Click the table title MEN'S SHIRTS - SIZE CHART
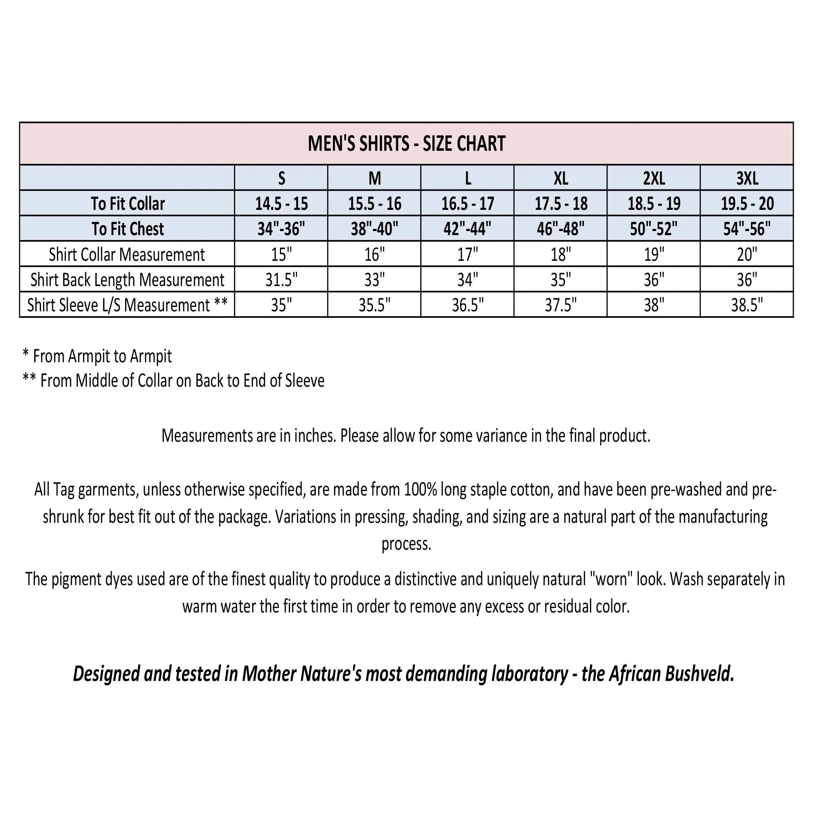[406, 144]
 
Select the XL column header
[560, 178]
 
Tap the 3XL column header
[747, 178]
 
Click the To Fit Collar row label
[128, 204]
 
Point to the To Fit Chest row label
[128, 229]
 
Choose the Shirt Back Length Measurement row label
[128, 280]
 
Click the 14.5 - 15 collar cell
[281, 204]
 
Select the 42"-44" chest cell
[467, 229]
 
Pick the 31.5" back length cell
[281, 280]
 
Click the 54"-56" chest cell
[747, 229]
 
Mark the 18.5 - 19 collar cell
[654, 204]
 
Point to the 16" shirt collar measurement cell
[374, 254]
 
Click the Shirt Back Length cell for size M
[374, 280]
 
